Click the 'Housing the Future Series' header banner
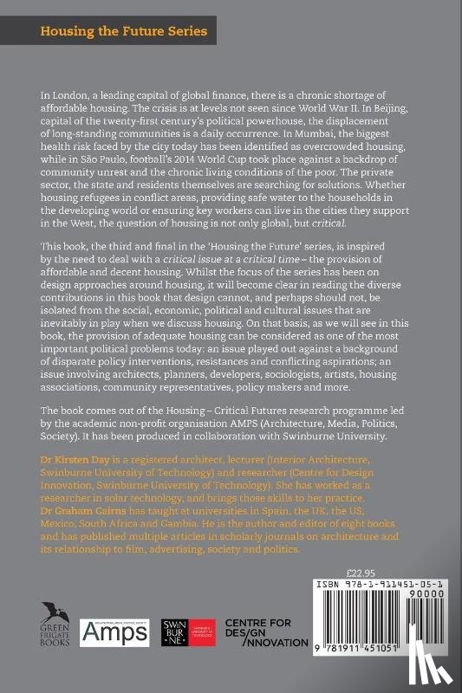124,31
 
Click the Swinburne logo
185,632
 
